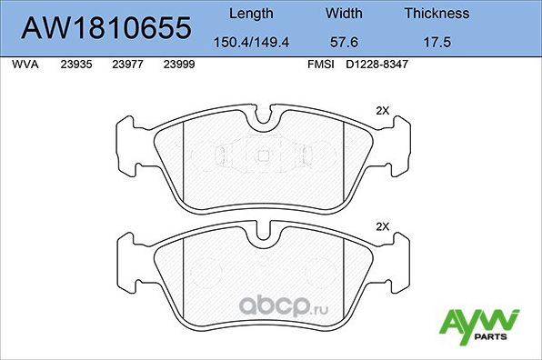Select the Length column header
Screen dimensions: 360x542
tap(250, 14)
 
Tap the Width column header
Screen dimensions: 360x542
tap(344, 14)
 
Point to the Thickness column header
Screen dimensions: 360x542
tap(437, 14)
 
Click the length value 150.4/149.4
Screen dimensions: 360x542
tap(250, 42)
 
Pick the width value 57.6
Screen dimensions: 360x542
tap(344, 42)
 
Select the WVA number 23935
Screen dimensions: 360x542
tap(75, 66)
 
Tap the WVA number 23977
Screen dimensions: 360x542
tap(126, 66)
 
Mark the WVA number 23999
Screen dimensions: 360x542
tap(178, 66)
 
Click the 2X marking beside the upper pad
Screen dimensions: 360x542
tap(382, 110)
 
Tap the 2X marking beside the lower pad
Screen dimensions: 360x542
tap(382, 226)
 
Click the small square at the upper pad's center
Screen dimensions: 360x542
tap(263, 154)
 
